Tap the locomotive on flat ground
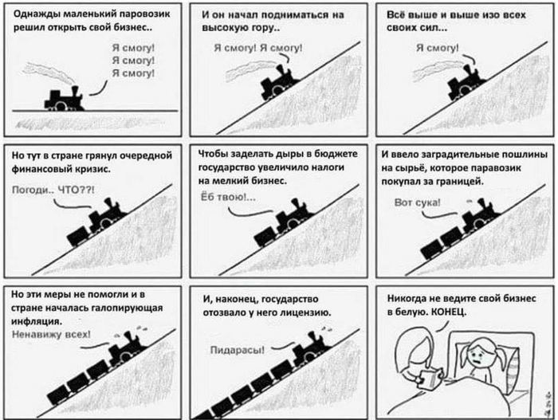point(64,99)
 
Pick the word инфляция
point(37,321)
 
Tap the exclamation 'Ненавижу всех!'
point(51,334)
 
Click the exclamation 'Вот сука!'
point(417,202)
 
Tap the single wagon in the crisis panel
point(78,236)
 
